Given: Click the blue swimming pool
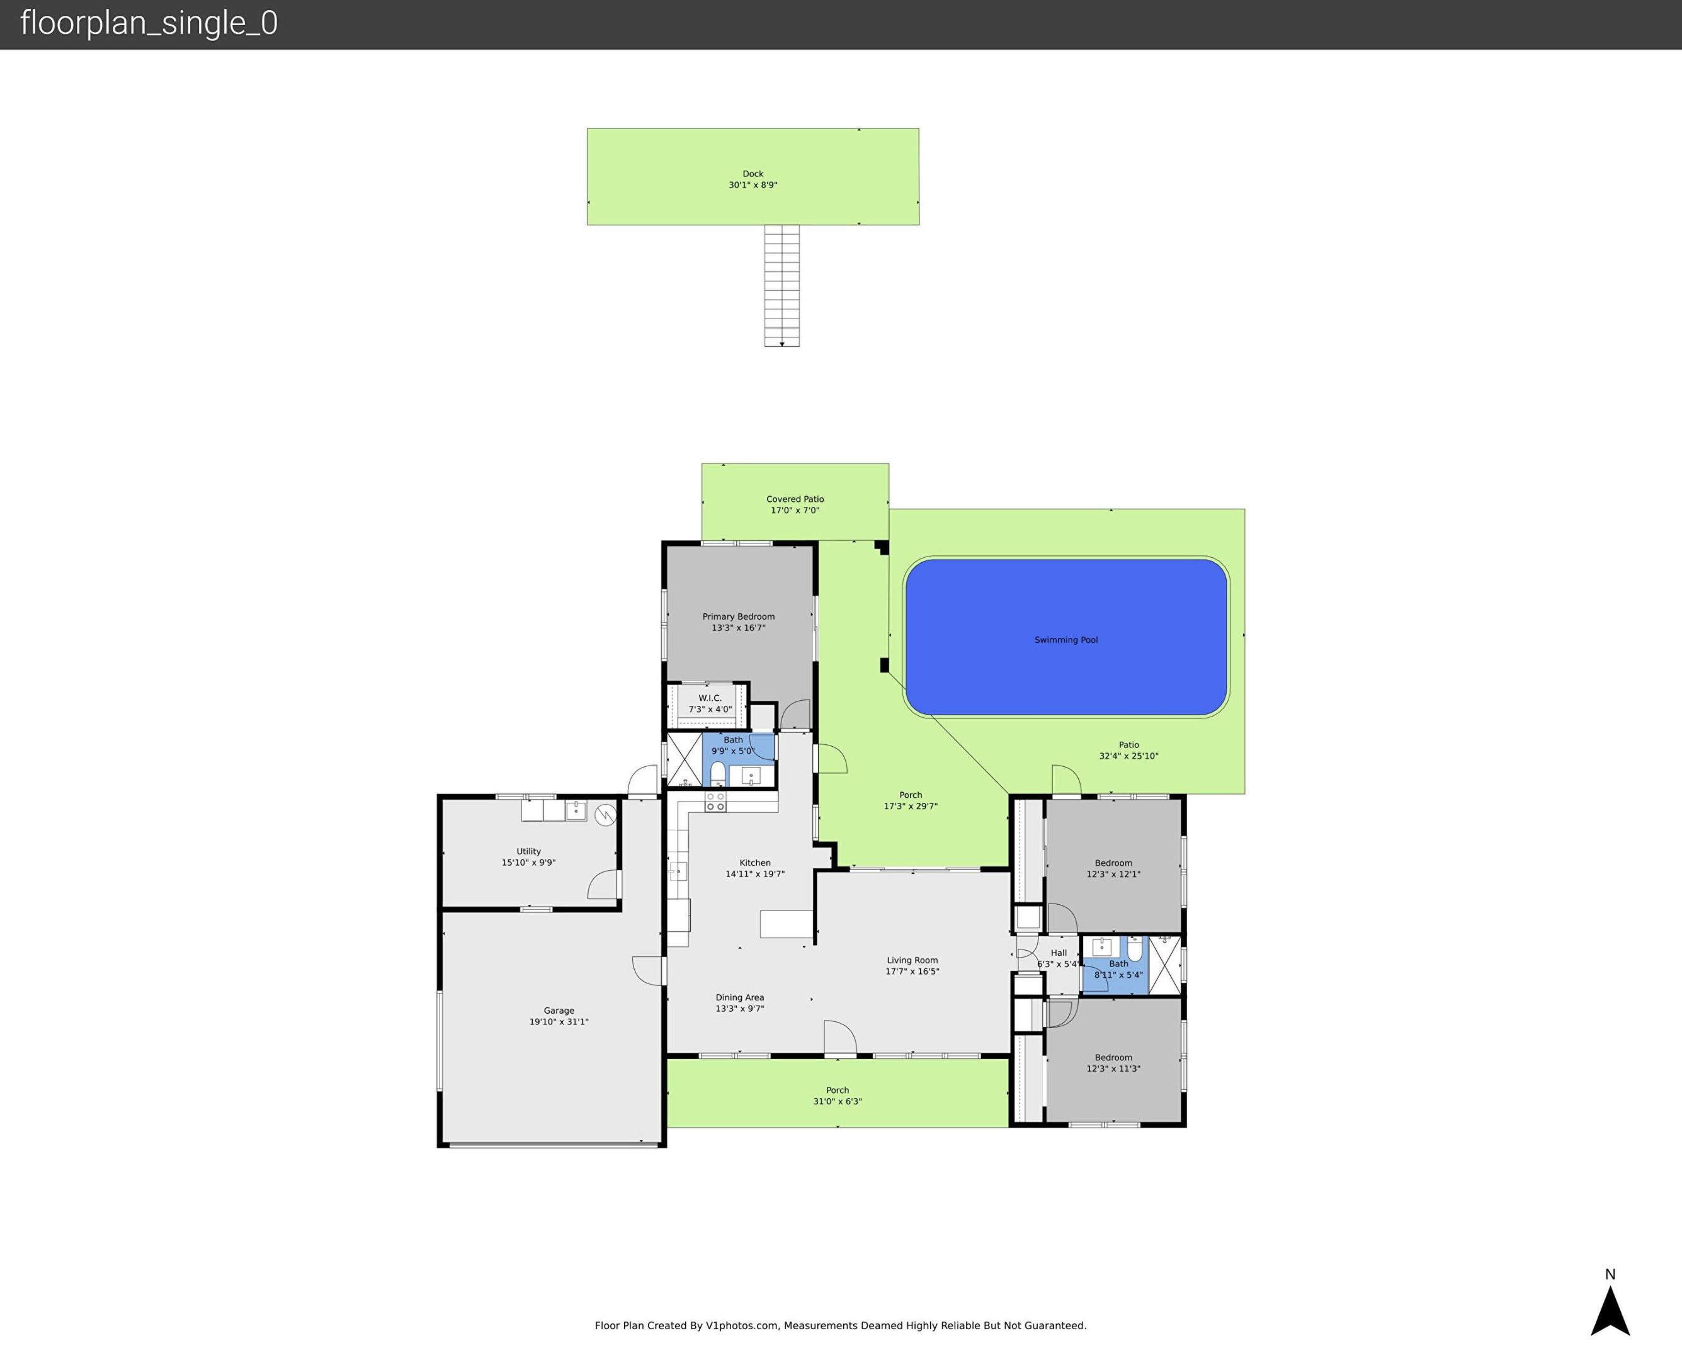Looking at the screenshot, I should point(1065,637).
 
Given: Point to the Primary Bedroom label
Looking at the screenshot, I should point(738,616).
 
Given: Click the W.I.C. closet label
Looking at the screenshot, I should point(710,698).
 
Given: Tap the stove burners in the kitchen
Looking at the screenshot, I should point(715,802).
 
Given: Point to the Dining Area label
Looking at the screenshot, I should point(739,998).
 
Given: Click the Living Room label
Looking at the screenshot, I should point(912,960).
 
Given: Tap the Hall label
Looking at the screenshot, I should point(1059,953).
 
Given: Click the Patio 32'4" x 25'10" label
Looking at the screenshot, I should point(1128,751).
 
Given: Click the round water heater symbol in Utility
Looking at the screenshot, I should point(605,815).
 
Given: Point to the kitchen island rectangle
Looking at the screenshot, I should point(786,924).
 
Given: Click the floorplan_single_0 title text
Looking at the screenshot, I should point(149,23).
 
